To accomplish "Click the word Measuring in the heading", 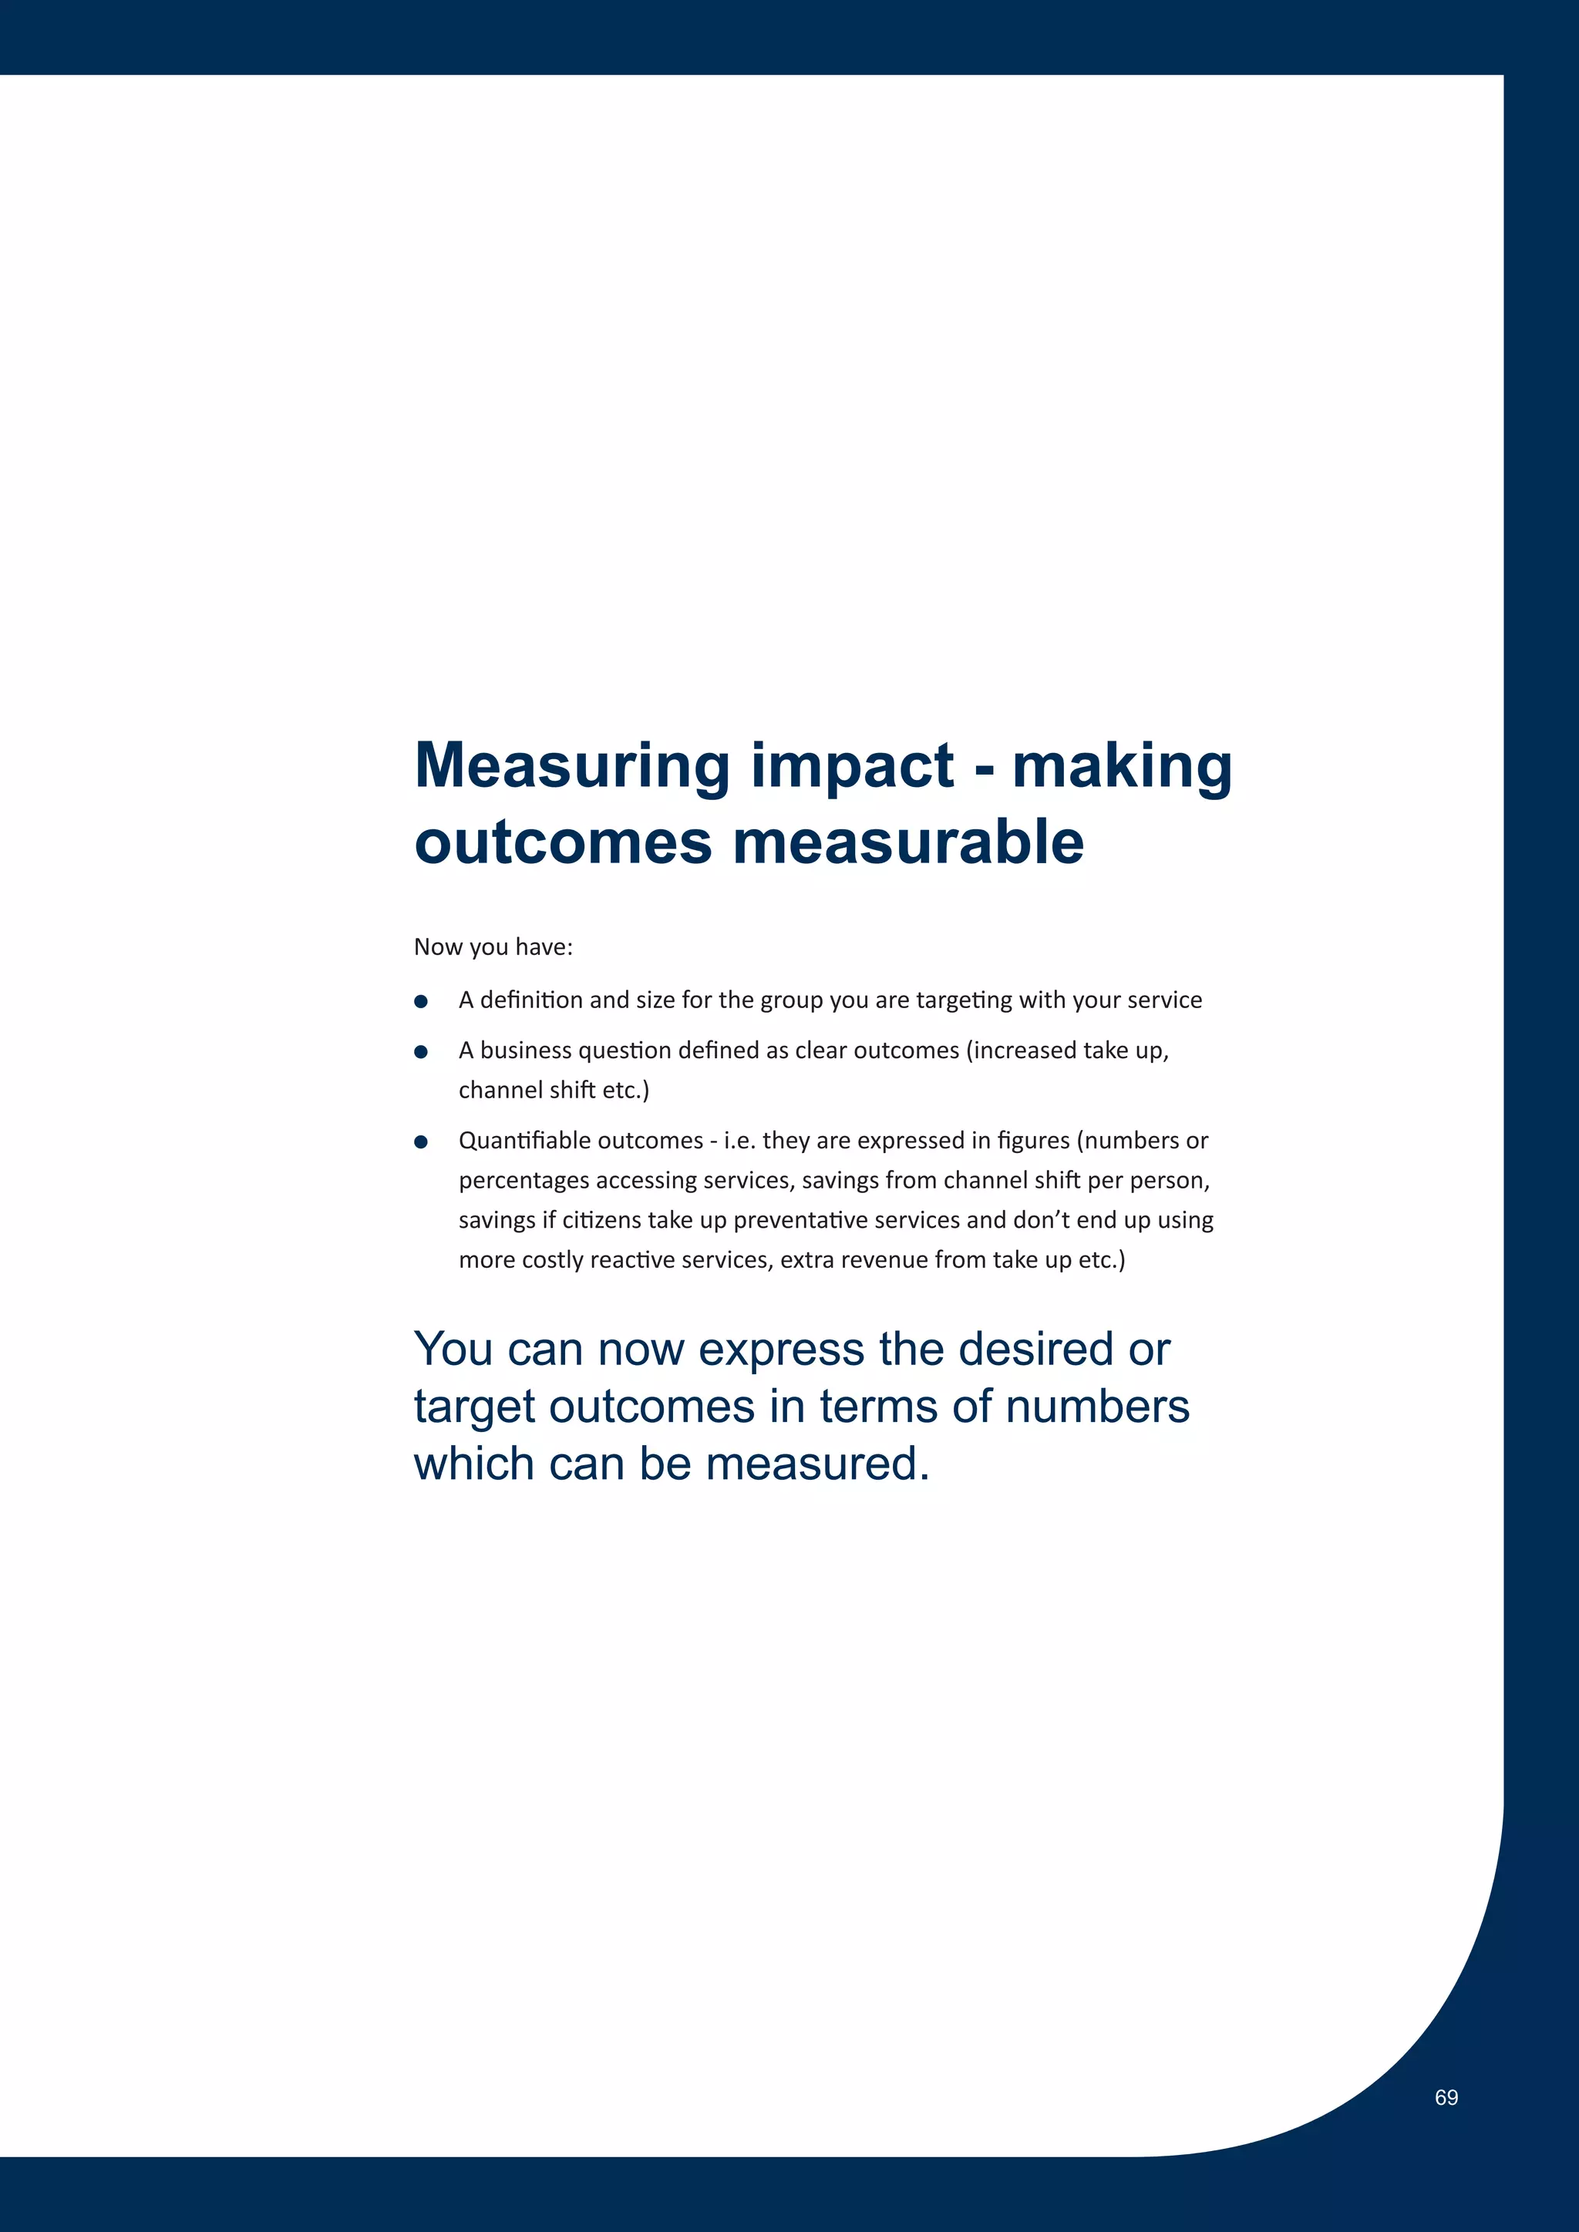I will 572,766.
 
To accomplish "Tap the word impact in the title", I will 852,766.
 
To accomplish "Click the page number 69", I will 1446,2097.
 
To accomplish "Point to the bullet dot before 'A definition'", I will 421,1001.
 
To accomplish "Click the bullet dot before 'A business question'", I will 421,1052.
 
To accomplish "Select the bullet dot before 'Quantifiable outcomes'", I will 421,1141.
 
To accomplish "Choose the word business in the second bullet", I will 525,1050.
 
